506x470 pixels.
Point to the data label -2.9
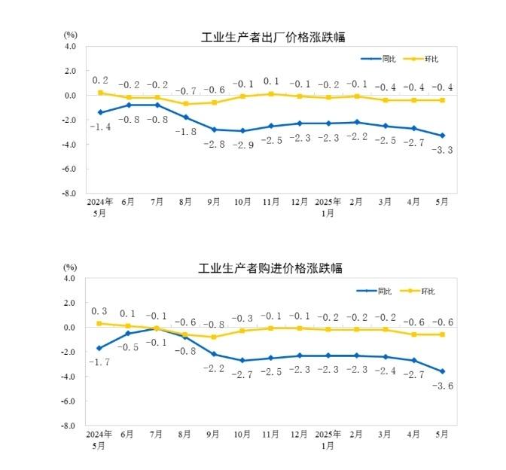click(x=242, y=144)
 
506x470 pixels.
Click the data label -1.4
click(x=100, y=127)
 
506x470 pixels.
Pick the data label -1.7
click(x=100, y=362)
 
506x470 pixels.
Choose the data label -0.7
click(x=185, y=90)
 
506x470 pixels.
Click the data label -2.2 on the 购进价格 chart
click(x=214, y=368)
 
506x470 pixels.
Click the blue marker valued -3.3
click(x=443, y=136)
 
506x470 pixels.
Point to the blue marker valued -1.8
click(x=185, y=117)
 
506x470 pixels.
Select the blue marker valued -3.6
click(x=443, y=371)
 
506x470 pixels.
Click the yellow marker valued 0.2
click(x=100, y=93)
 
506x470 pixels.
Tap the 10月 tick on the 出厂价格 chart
click(x=242, y=203)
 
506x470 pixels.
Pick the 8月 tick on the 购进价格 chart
click(x=185, y=435)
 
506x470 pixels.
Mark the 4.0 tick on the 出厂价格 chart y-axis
click(x=71, y=46)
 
